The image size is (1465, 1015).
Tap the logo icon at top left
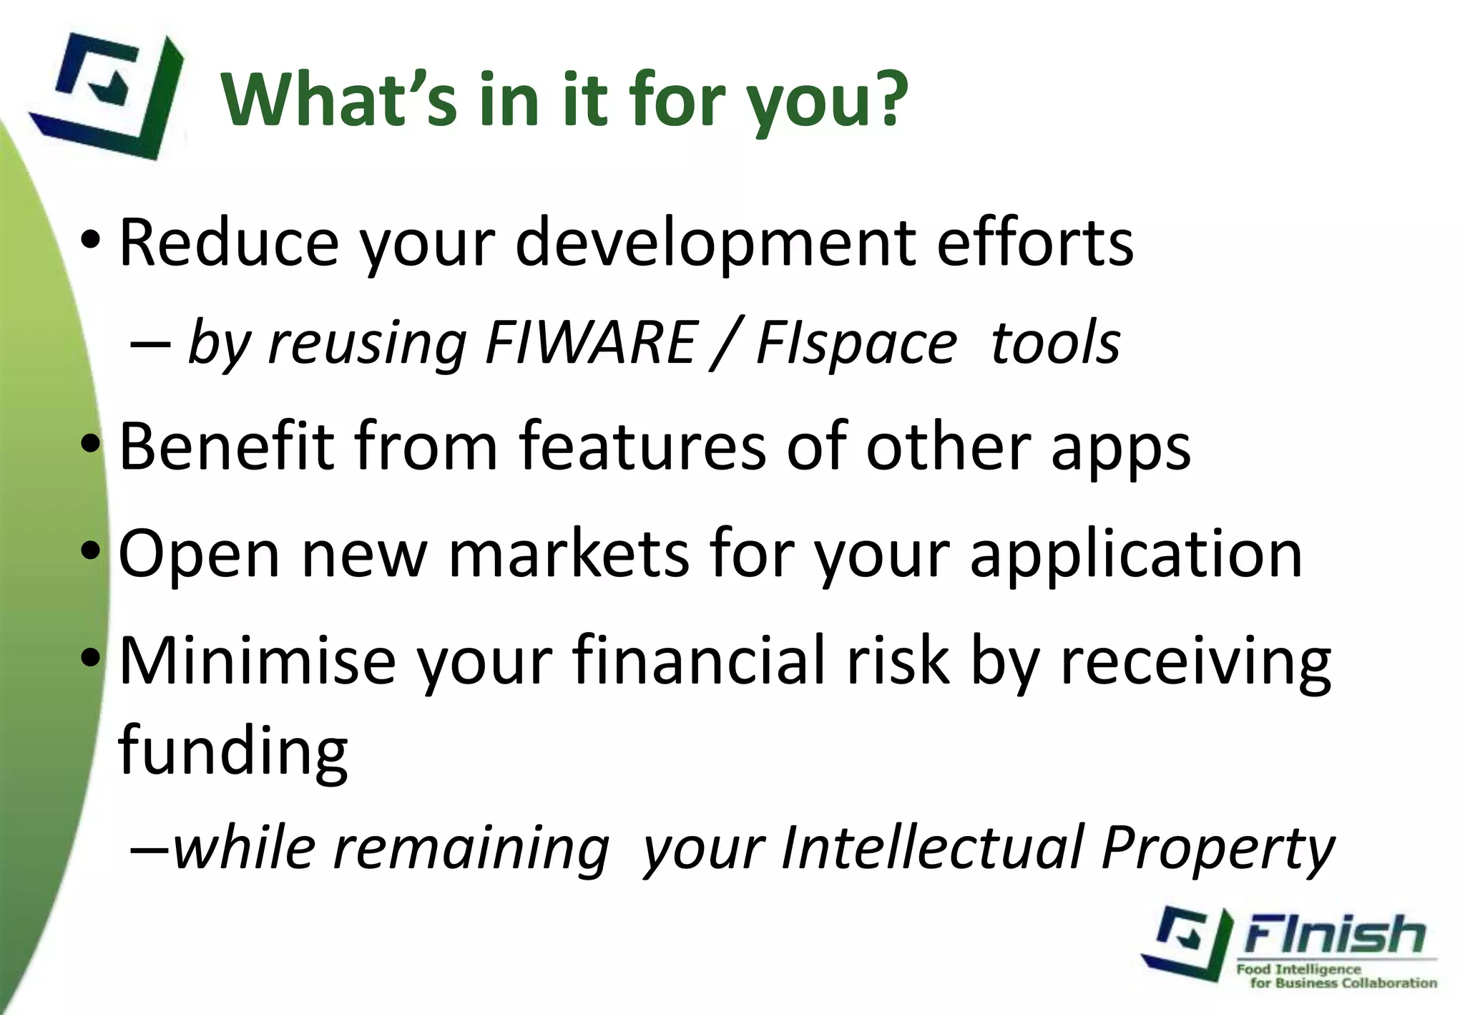107,93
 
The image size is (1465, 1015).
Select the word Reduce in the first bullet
228,243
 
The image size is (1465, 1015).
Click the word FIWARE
590,342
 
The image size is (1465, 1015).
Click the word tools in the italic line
1055,342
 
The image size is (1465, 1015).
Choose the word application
1136,555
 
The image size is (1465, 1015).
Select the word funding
232,752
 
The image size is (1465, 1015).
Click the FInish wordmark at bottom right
1335,935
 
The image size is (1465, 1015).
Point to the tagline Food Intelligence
1298,969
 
